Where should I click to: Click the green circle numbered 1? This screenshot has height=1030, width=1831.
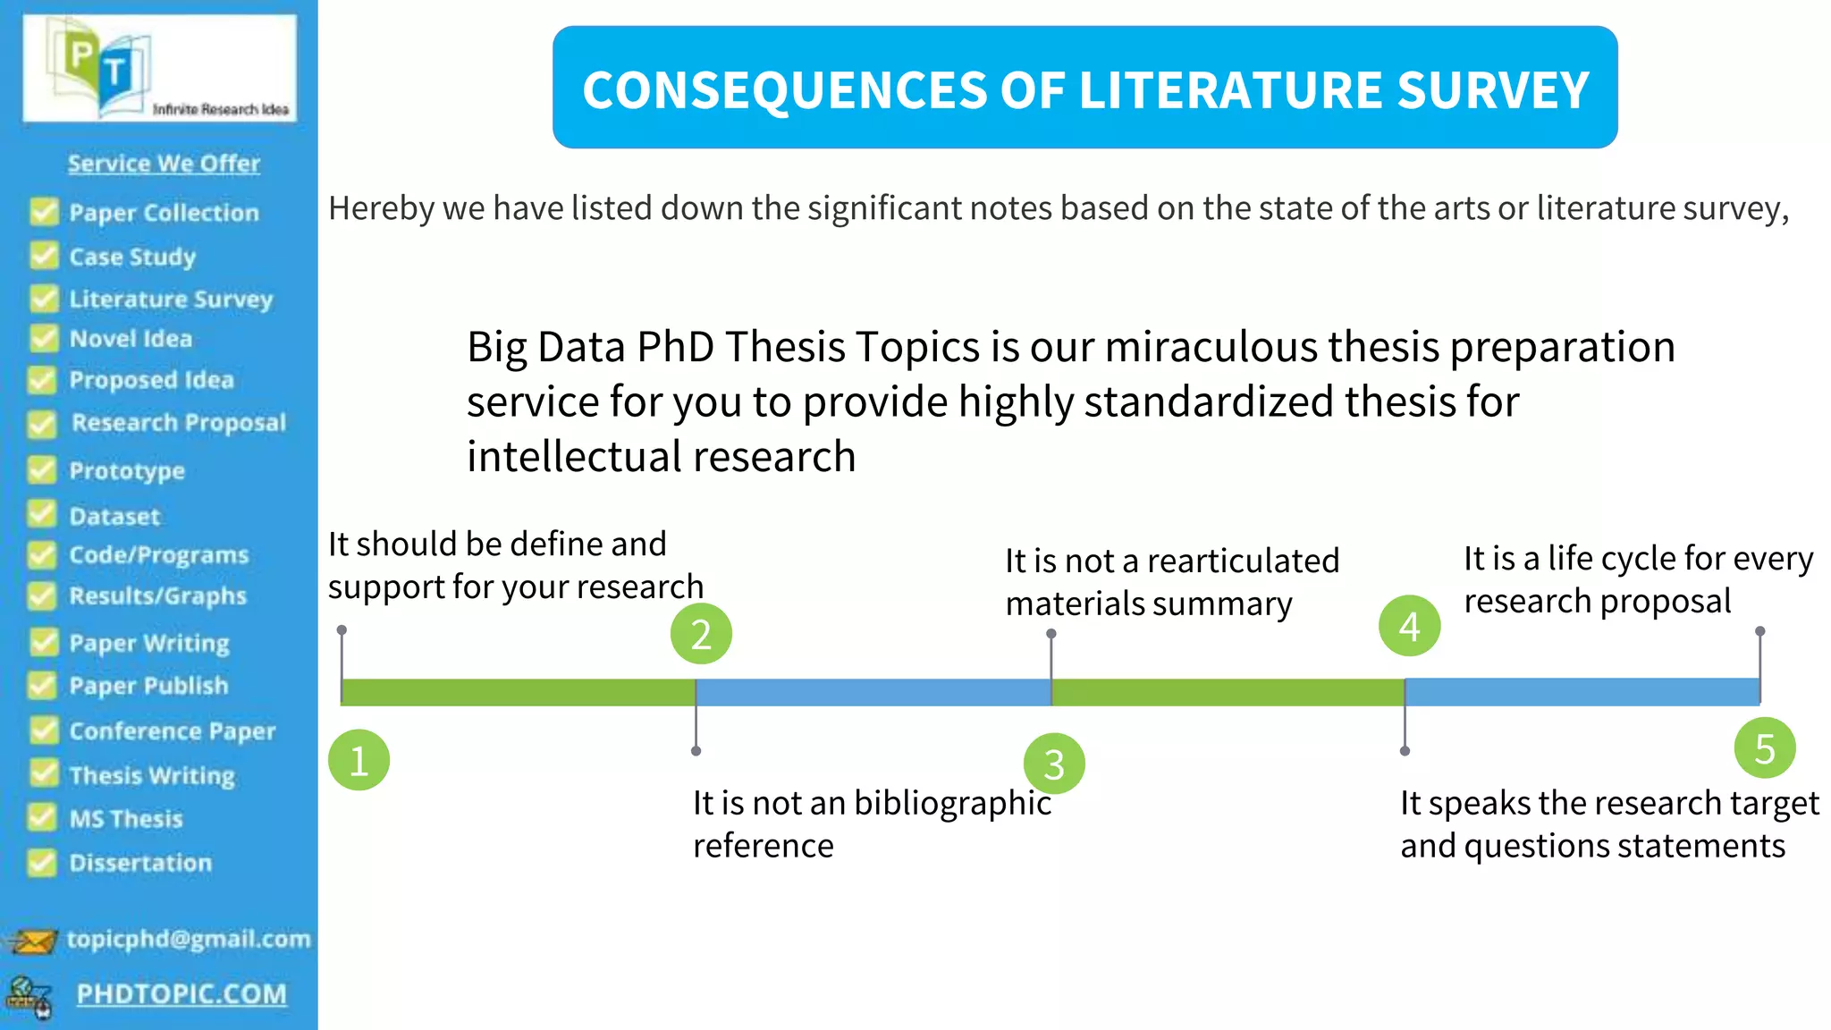(x=359, y=760)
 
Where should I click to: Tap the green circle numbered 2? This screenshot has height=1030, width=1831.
(x=701, y=634)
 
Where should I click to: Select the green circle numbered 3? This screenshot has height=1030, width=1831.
(x=1054, y=764)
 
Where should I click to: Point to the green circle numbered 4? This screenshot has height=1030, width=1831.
(x=1409, y=626)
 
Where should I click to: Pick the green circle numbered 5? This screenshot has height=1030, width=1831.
(x=1764, y=748)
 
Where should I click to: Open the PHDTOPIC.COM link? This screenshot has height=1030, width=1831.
(x=181, y=993)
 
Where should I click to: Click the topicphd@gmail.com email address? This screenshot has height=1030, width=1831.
(x=189, y=939)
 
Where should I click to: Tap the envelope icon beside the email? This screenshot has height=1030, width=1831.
(x=33, y=941)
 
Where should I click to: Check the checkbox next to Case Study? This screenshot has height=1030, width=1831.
(x=44, y=256)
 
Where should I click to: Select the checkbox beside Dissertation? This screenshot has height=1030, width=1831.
(x=41, y=862)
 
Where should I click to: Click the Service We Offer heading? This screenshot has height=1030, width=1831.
(x=164, y=164)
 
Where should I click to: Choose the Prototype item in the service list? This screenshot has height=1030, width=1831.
(x=127, y=470)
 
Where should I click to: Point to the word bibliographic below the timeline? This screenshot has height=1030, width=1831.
(x=952, y=803)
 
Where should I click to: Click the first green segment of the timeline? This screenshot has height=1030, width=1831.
(x=519, y=692)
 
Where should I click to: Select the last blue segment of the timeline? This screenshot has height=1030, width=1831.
(x=1582, y=692)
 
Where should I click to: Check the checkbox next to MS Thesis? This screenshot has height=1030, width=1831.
(x=41, y=817)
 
